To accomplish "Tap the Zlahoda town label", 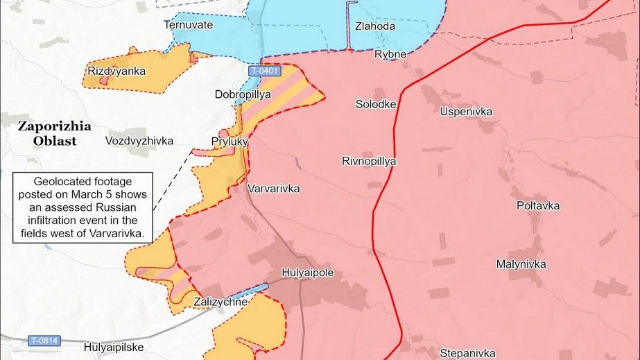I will click(374, 26).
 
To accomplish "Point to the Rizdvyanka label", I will click(116, 71).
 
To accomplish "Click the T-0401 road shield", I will click(265, 71).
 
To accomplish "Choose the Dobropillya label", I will click(243, 94).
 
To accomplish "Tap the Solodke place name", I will click(376, 104).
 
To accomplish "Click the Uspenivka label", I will click(466, 111).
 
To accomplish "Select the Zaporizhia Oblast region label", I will click(55, 134).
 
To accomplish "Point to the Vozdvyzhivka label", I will click(139, 141).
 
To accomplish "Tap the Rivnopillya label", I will click(369, 161).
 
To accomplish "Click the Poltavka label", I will click(538, 206).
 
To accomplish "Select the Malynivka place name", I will click(521, 264).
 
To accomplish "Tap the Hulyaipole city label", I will click(308, 273).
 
